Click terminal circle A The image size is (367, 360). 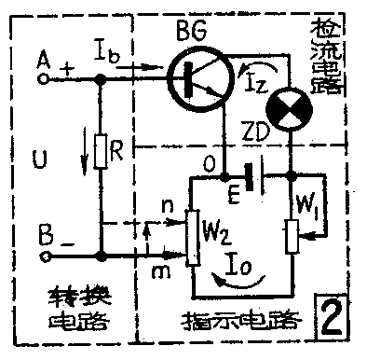(42, 82)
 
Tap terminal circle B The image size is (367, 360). (42, 253)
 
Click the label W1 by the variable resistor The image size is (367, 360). (313, 202)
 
